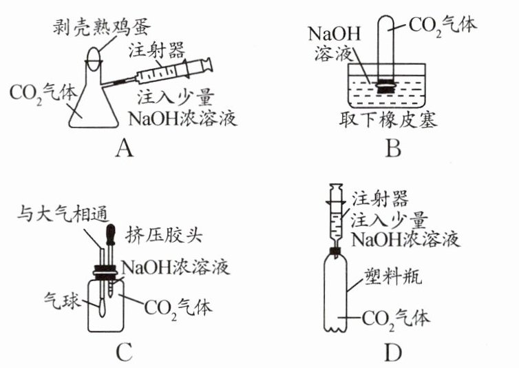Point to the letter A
(123, 147)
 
